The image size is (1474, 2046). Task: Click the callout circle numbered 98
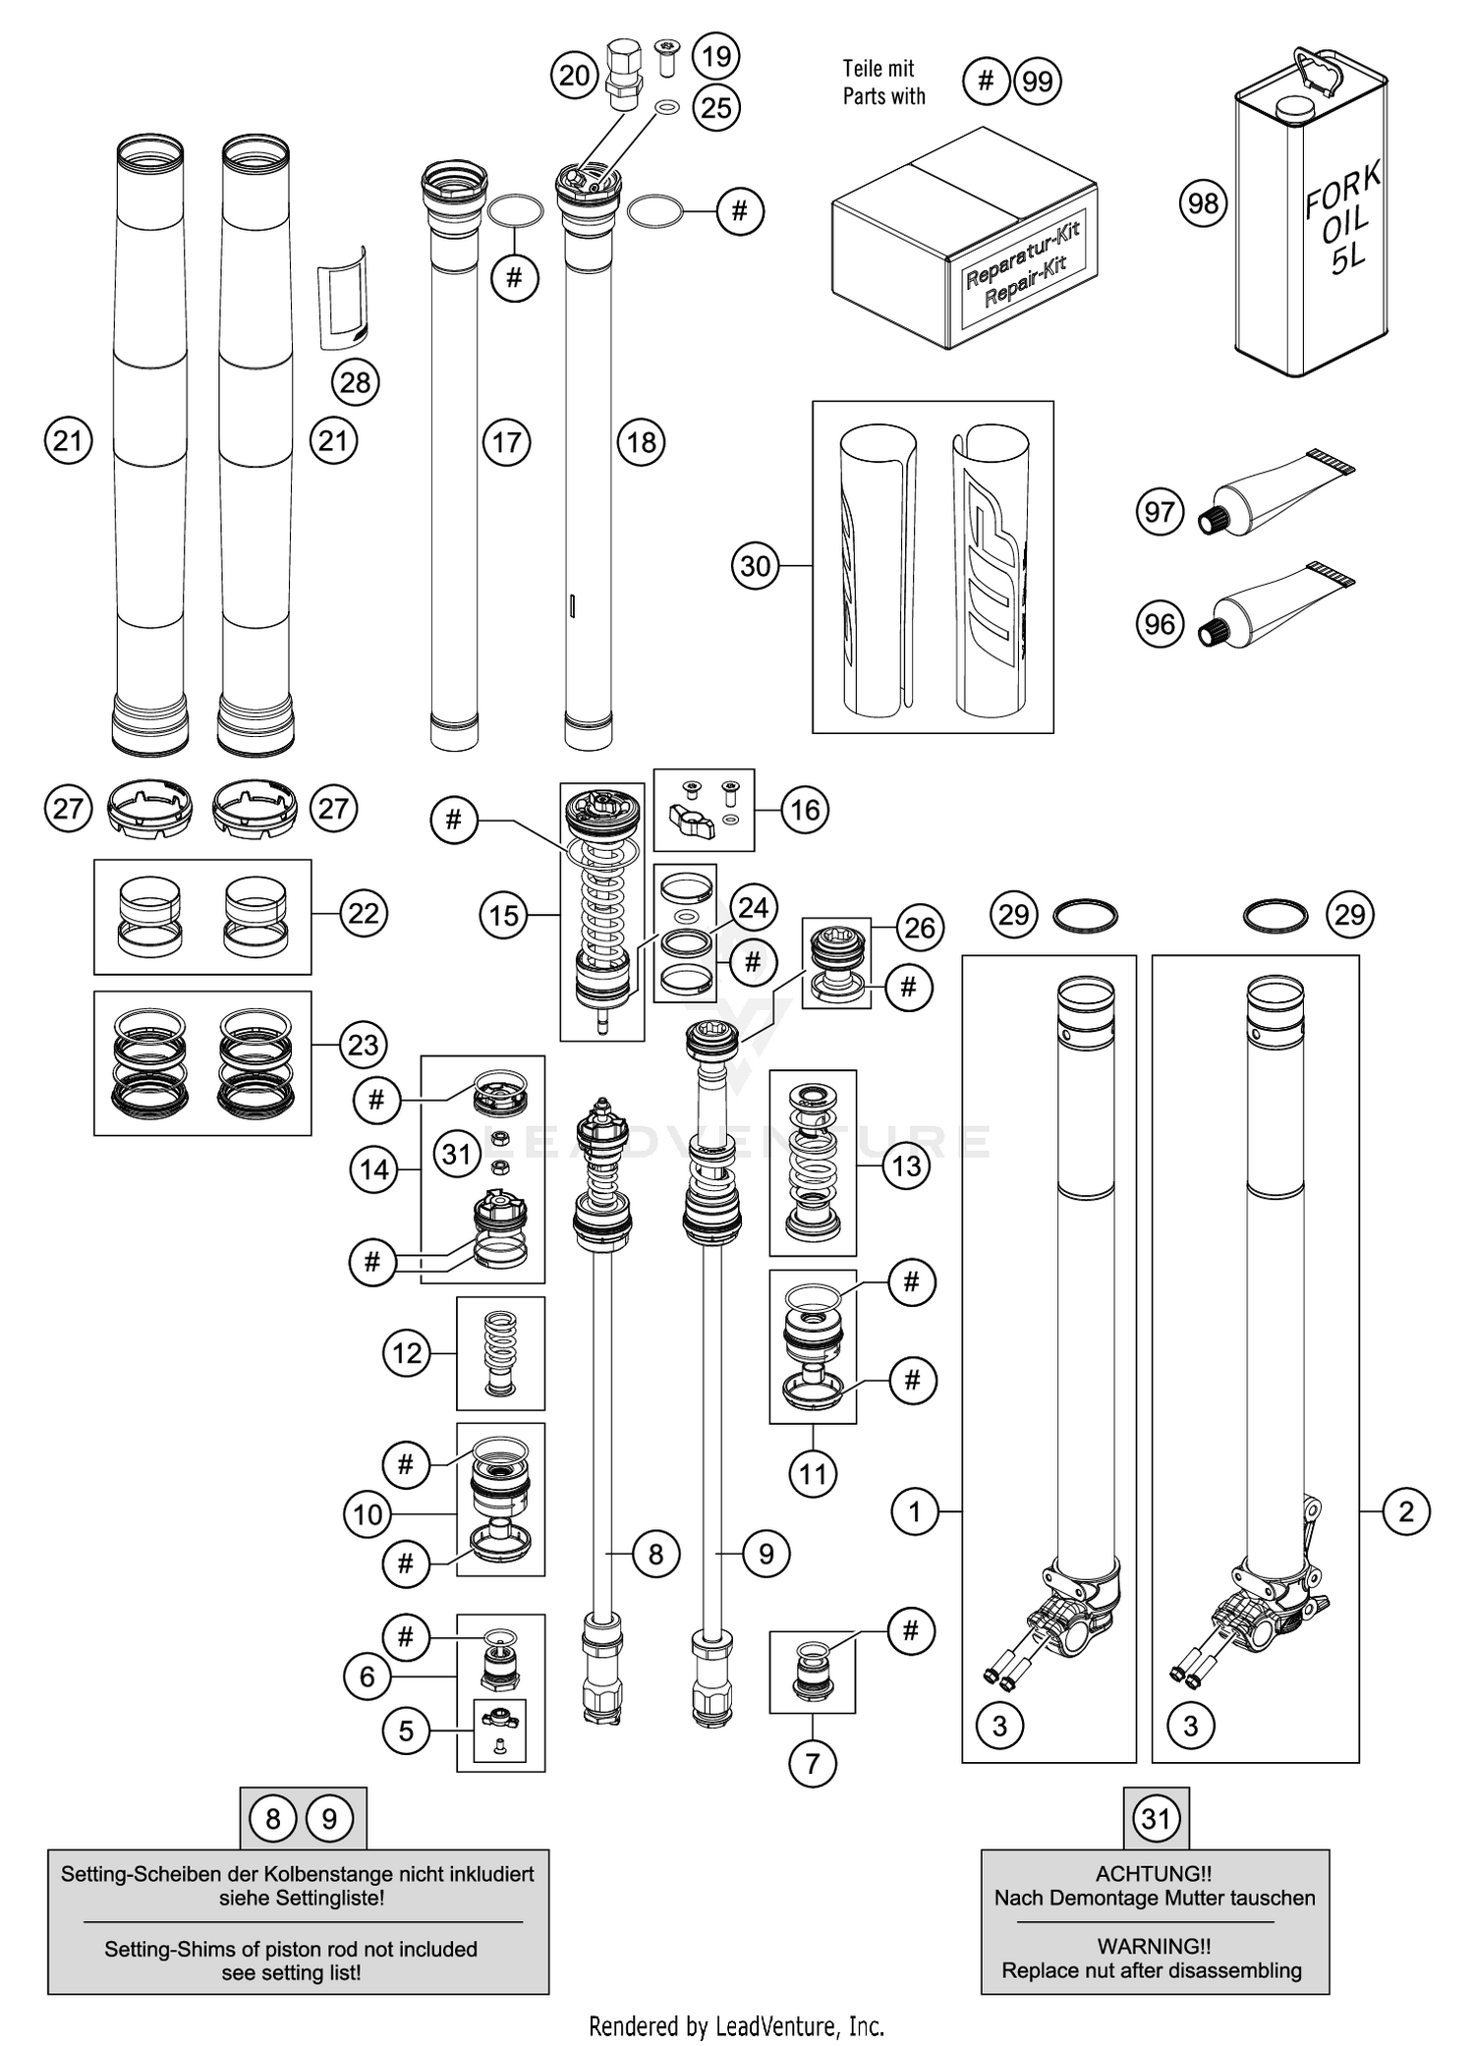tap(1203, 203)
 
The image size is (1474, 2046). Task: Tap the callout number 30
tap(755, 566)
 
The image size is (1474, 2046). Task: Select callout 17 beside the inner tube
tap(506, 442)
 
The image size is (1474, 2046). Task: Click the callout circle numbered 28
tap(355, 381)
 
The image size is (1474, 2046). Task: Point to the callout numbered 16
tap(805, 810)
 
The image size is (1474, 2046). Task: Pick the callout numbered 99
tap(1038, 81)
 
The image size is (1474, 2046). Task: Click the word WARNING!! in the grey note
tap(1154, 1945)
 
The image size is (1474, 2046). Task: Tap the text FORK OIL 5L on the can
tap(1342, 219)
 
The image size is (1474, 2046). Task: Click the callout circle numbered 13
tap(905, 1165)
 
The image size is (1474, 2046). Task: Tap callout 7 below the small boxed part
tap(812, 1763)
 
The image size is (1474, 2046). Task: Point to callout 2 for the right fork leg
tap(1405, 1510)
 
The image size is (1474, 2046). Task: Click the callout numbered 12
tap(406, 1353)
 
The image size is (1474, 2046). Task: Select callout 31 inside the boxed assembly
tap(457, 1153)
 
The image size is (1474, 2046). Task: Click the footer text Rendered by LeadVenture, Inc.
tap(736, 2025)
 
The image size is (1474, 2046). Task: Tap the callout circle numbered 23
tap(363, 1044)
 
